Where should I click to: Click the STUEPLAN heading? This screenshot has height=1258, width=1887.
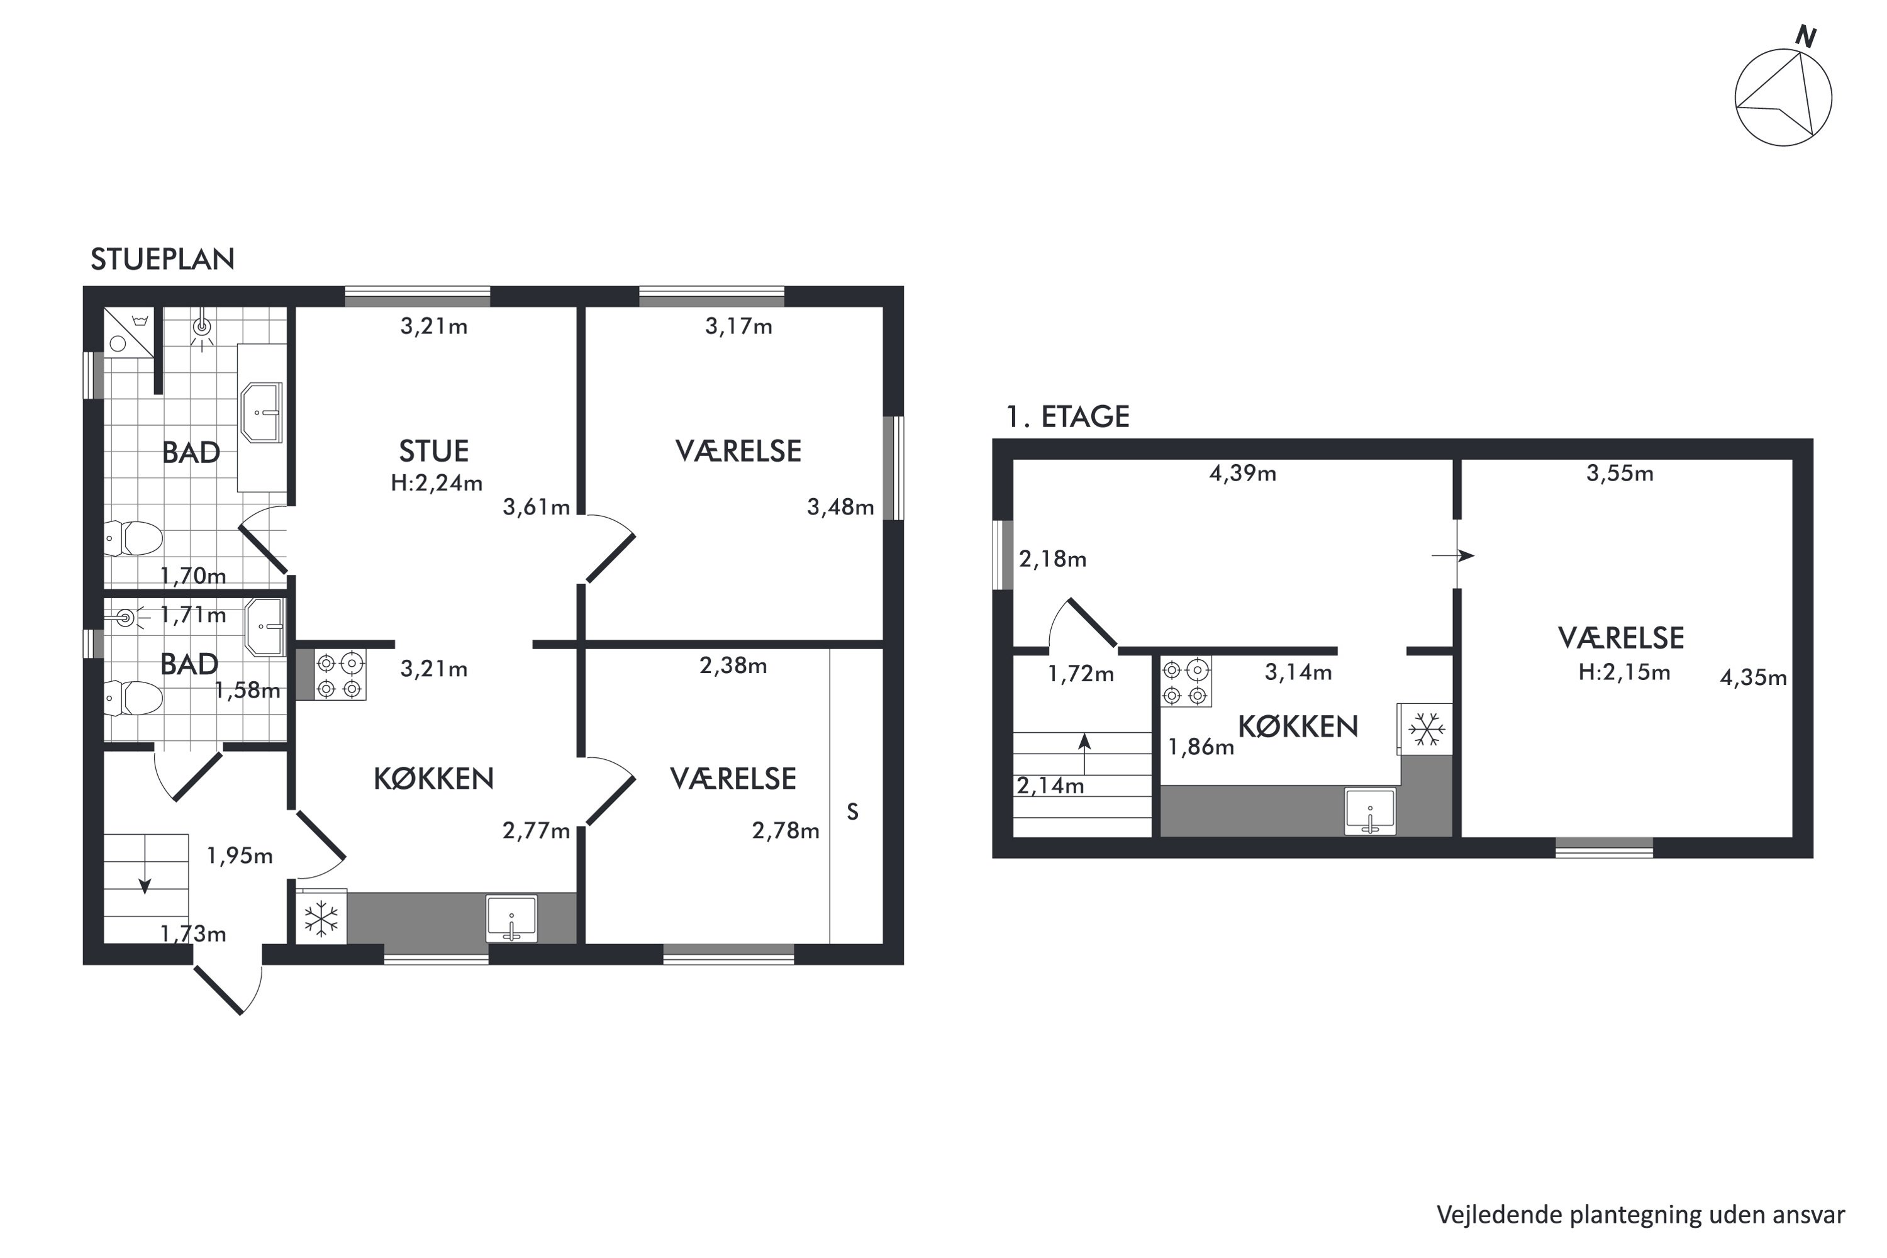coord(162,259)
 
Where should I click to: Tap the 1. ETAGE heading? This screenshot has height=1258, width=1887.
coord(1068,416)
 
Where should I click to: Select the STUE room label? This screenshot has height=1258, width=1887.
coord(434,451)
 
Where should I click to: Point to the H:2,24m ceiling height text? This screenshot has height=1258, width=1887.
coord(437,483)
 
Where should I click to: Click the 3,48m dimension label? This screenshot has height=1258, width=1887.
coord(840,507)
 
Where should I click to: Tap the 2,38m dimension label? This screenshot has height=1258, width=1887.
coord(733,665)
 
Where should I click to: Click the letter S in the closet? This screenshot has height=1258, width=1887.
coord(853,812)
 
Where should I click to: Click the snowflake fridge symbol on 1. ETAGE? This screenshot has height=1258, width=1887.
coord(1427,729)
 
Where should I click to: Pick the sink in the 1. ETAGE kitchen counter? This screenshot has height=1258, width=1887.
coord(1371,811)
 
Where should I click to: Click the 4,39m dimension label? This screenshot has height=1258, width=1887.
coord(1243,474)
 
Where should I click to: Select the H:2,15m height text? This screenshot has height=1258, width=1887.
coord(1624,672)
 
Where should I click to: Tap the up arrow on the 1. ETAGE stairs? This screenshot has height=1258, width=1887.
coord(1084,752)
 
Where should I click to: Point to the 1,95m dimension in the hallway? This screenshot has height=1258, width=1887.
coord(240,856)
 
